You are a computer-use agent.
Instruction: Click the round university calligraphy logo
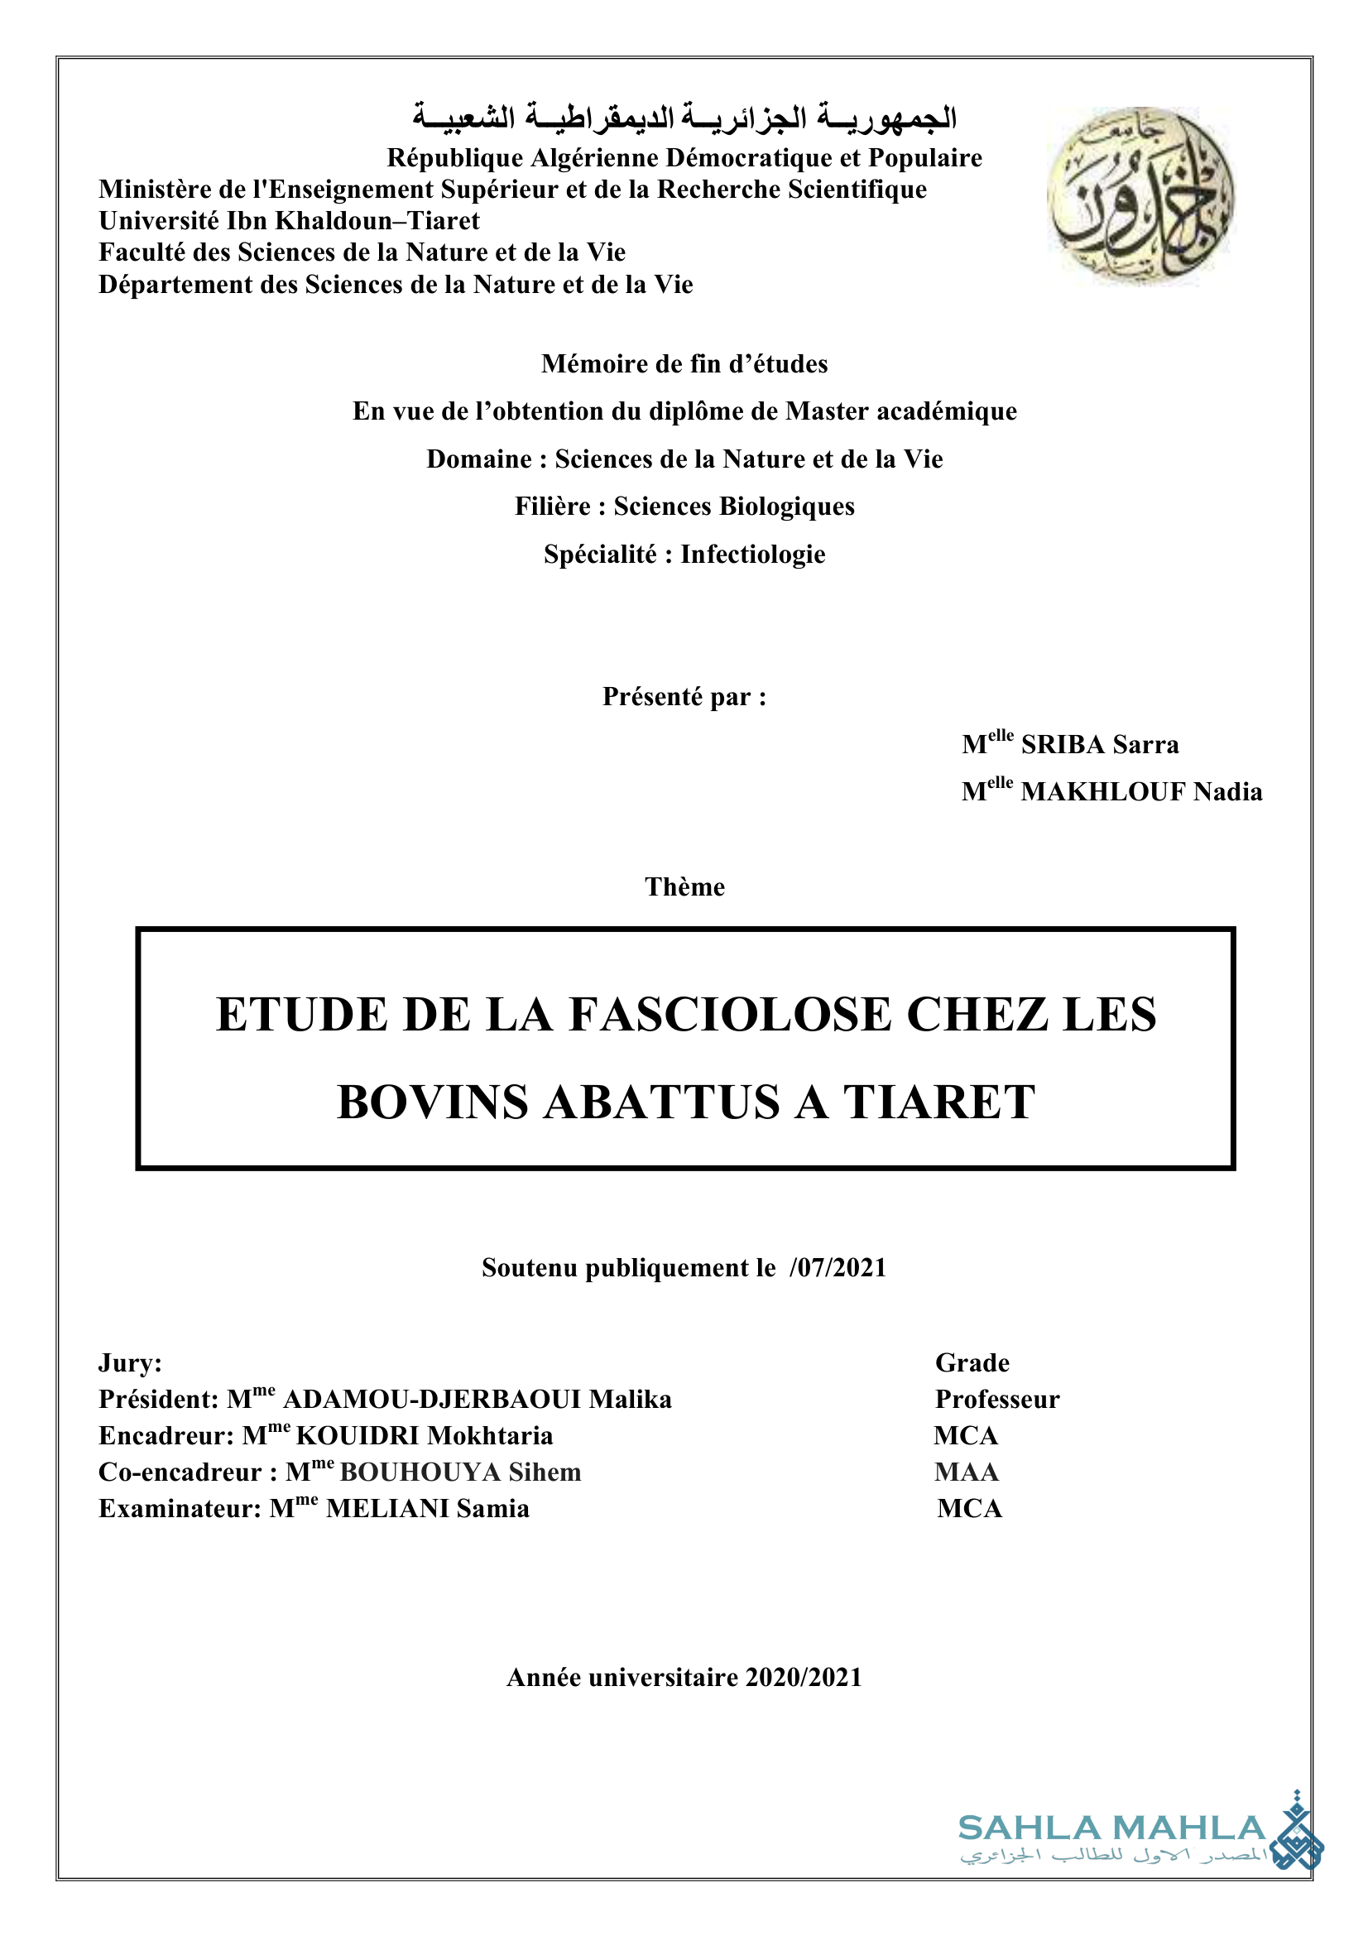tap(1140, 196)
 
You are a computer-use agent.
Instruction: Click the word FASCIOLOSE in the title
tap(730, 1015)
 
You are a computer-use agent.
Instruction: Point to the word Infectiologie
tap(753, 555)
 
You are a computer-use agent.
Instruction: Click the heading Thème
tap(684, 887)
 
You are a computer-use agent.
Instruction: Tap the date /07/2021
tap(838, 1268)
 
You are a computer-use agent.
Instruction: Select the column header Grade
tap(972, 1363)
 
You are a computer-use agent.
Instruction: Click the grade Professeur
tap(997, 1400)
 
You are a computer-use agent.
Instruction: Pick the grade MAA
tap(966, 1472)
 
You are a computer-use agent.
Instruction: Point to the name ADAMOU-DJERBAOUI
tap(431, 1400)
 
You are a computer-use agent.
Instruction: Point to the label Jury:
tap(130, 1363)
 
